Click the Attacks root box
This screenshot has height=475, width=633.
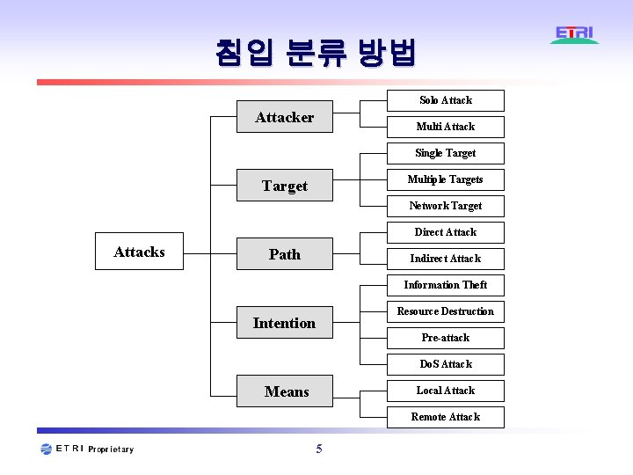(x=139, y=252)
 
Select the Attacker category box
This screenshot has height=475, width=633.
(x=285, y=117)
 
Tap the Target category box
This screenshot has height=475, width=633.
(x=285, y=186)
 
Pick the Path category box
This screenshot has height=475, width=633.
(x=285, y=254)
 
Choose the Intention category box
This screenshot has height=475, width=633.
(x=285, y=323)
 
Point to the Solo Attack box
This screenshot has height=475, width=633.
(x=446, y=100)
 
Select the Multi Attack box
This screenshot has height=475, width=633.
(x=446, y=127)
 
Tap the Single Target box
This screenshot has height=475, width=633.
(x=446, y=153)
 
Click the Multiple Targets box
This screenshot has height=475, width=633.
(x=446, y=179)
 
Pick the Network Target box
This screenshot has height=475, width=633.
(x=446, y=206)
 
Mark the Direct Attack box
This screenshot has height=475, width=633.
(x=446, y=232)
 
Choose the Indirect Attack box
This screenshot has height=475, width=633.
(x=446, y=259)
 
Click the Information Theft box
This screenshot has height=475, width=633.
(x=446, y=285)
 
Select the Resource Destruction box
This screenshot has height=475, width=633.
(x=446, y=311)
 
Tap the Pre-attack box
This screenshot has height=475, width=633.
(x=446, y=338)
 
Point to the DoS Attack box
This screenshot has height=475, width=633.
(x=446, y=364)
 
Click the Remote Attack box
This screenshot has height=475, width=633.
(x=446, y=417)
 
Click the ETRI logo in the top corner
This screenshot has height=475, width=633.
(x=575, y=35)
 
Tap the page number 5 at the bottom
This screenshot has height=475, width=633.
(x=319, y=449)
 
